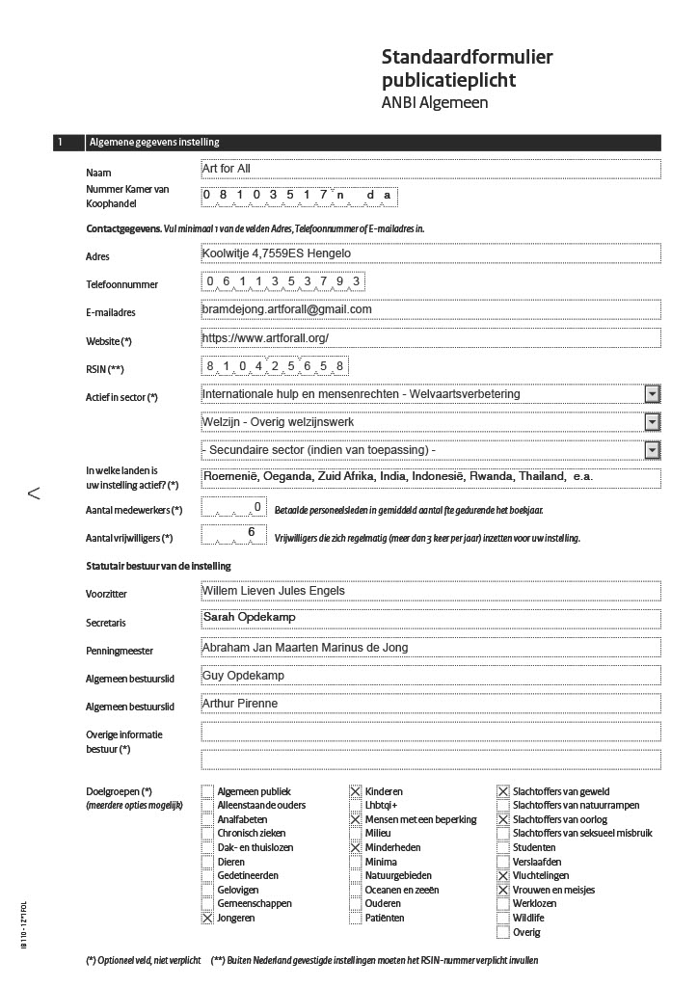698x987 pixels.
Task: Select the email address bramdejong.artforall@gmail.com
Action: (x=286, y=309)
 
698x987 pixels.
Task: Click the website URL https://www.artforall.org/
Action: (x=265, y=337)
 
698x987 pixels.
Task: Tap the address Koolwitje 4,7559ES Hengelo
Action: (x=276, y=253)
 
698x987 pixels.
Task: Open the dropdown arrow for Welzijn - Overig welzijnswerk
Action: (x=652, y=422)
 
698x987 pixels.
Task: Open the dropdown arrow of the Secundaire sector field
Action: (x=652, y=450)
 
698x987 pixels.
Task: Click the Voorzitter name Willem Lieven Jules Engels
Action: (x=273, y=590)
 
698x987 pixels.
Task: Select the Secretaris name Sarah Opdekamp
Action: (x=249, y=617)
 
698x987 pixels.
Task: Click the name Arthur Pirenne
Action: (x=240, y=704)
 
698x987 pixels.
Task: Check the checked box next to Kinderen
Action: (x=356, y=791)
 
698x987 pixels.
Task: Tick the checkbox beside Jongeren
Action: (x=207, y=919)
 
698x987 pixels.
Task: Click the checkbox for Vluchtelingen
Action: (x=503, y=876)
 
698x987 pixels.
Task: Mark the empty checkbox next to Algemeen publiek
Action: (x=207, y=791)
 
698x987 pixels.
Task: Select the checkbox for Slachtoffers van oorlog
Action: (x=503, y=819)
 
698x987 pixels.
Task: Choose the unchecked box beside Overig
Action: (x=503, y=932)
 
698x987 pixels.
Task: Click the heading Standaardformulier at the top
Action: (x=467, y=58)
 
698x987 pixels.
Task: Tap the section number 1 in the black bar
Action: (x=60, y=143)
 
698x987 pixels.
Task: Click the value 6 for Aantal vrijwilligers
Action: (x=252, y=533)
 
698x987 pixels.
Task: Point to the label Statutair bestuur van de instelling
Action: (x=158, y=566)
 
